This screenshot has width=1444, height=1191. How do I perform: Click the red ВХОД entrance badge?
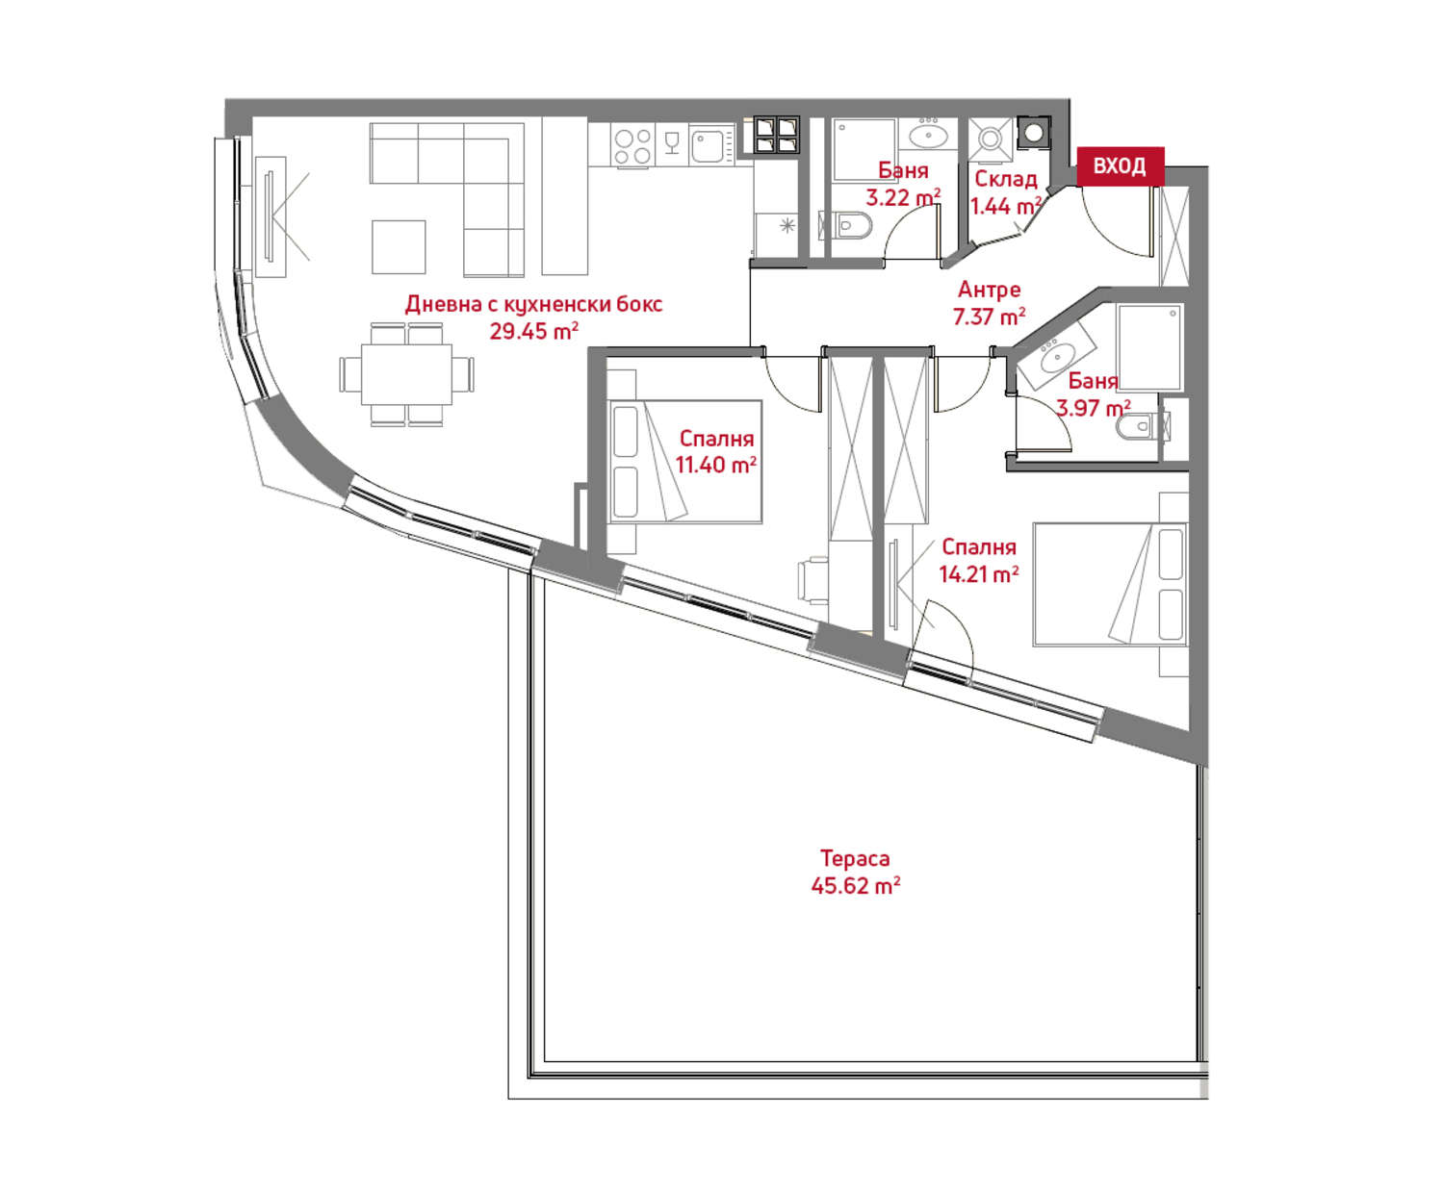tap(1120, 165)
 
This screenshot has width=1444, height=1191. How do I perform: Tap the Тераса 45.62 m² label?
tap(856, 872)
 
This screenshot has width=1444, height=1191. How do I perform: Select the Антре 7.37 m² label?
tap(989, 303)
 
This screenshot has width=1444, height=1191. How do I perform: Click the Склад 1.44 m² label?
tap(1006, 192)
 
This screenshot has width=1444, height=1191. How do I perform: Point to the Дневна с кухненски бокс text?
tap(533, 304)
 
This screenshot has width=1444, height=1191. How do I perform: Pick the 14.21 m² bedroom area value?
tap(979, 573)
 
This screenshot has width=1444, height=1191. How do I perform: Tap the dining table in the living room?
tap(406, 374)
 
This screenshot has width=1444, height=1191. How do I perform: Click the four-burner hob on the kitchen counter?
tap(632, 146)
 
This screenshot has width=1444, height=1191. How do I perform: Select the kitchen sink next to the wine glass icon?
tap(710, 145)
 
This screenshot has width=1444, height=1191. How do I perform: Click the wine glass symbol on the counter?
tap(671, 143)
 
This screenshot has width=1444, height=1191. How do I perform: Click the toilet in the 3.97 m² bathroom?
tap(1142, 426)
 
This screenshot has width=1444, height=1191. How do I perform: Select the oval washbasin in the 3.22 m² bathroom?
tap(928, 137)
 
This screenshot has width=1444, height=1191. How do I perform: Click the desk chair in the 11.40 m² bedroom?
tap(812, 579)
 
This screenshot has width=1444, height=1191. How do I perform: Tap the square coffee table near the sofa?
tap(399, 247)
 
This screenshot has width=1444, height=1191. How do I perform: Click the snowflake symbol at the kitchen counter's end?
tap(787, 225)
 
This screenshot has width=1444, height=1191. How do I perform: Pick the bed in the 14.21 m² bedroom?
tap(1110, 585)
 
